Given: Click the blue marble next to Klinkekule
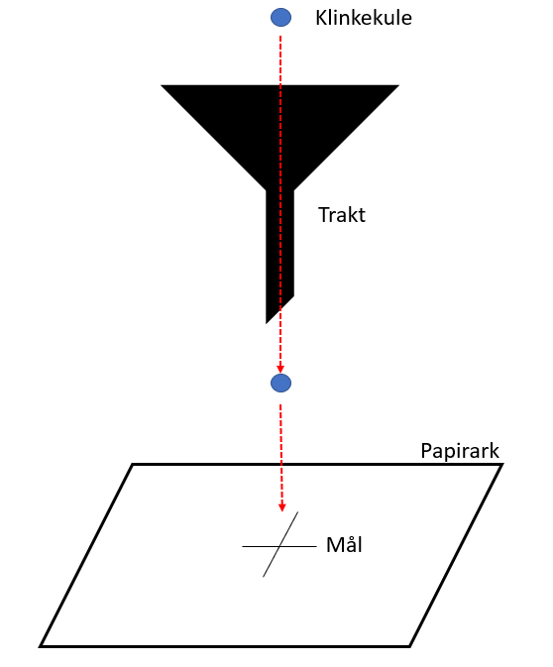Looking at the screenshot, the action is (280, 18).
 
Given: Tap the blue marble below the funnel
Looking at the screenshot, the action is (280, 383).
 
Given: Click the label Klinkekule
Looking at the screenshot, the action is (364, 18).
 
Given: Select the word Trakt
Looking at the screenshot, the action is (342, 215).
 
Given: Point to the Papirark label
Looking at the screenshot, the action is (460, 451).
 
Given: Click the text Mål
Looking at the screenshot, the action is (344, 544).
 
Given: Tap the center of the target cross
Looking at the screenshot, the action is (279, 546).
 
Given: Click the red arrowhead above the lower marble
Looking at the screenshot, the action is (280, 369).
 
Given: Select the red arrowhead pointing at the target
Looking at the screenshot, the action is (281, 507).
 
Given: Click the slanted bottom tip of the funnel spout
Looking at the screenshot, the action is (267, 323).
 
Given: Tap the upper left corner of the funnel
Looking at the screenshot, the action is (162, 85).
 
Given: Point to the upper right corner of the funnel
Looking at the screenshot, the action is (398, 85).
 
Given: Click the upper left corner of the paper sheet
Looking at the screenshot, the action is (133, 465).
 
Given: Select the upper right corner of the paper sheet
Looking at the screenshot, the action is (501, 465).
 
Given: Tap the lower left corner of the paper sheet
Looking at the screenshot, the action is (41, 646).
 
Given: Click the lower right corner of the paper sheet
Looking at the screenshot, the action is (409, 646).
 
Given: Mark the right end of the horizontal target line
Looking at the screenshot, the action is (316, 546).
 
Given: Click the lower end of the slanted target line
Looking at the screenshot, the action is (264, 577).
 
